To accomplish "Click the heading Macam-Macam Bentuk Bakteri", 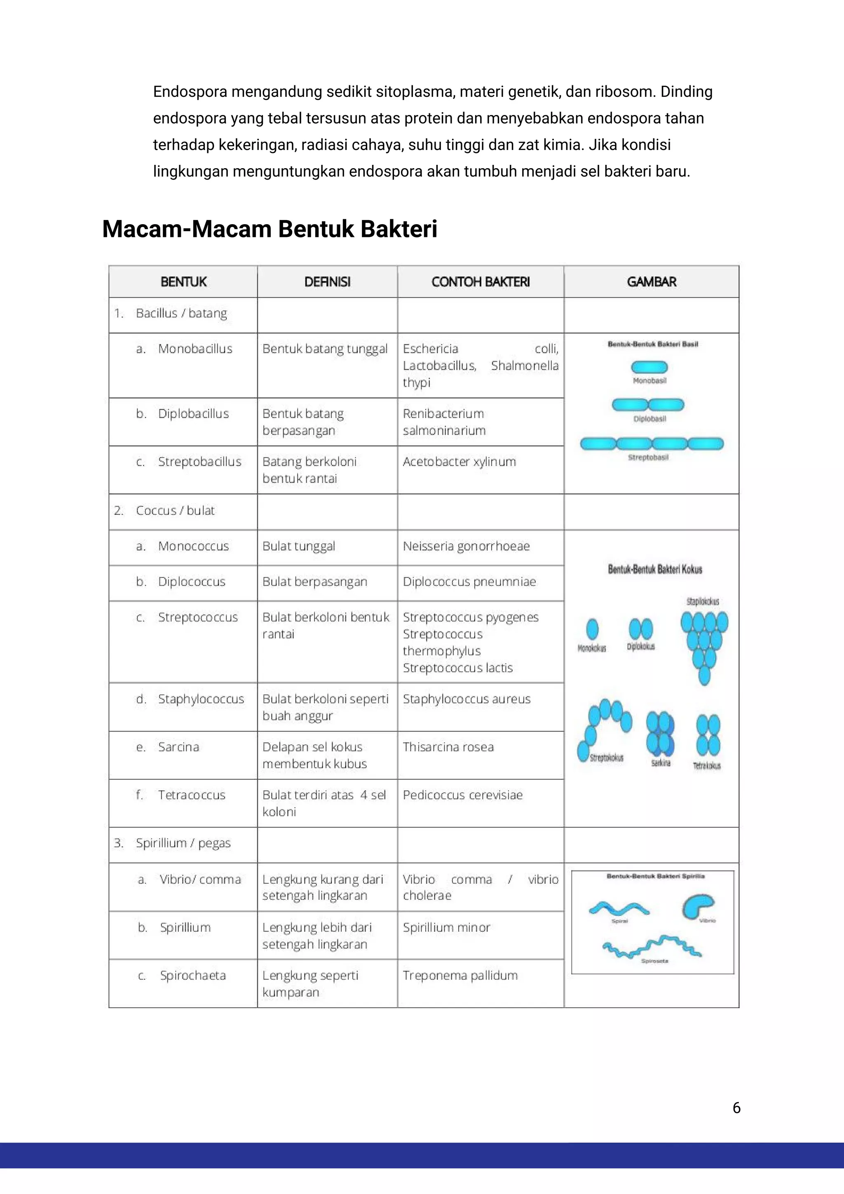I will coord(270,229).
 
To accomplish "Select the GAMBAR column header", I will coord(651,282).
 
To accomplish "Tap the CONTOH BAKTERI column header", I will coord(481,282).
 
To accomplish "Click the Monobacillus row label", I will coord(195,349).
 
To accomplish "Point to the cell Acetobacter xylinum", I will coord(459,462).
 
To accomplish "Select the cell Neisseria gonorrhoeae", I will coord(466,546).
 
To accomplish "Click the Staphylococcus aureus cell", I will coord(467,699).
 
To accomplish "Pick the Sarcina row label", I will coord(178,747).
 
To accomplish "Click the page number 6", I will coord(736,1108).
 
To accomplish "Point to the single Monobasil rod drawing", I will coord(649,367).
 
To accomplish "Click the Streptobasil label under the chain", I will coord(648,457).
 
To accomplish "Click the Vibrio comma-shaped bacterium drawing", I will coord(698,906).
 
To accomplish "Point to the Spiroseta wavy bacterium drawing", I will coord(652,947).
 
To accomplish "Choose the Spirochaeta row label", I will coord(192,976).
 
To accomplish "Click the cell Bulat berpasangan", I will coord(314,582).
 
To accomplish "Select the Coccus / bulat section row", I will coord(175,511).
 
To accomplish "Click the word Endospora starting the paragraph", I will coord(190,92).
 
